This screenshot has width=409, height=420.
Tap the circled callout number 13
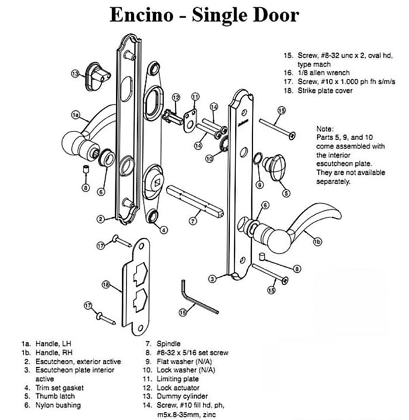[x=75, y=74]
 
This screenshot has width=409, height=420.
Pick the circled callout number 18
[x=106, y=284]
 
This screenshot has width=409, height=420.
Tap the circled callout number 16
[x=183, y=313]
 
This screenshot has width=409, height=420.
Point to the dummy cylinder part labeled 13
[x=99, y=73]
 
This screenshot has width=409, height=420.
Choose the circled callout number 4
[x=164, y=230]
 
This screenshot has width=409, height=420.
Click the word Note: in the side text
[x=325, y=129]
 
